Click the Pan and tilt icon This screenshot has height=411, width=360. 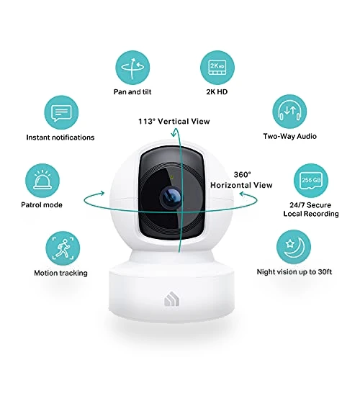[x=132, y=68]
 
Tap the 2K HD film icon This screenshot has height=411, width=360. [x=217, y=68]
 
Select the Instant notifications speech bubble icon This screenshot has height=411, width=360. [x=61, y=113]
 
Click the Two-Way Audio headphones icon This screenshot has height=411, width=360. [x=289, y=112]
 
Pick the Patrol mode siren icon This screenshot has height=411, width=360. [x=42, y=181]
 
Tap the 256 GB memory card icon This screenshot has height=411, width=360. [x=311, y=181]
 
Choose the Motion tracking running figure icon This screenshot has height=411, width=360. [x=63, y=248]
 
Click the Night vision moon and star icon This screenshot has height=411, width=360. [x=294, y=247]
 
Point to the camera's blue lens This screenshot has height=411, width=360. [x=171, y=197]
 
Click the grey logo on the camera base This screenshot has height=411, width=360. [x=172, y=299]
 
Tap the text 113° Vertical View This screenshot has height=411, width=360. [x=174, y=122]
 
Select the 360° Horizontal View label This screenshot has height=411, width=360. [x=241, y=180]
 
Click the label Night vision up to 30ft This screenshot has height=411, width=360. [x=294, y=272]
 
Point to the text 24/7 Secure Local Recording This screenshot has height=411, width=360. [x=311, y=209]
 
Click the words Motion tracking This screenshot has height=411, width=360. [x=60, y=273]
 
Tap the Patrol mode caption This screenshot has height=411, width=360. [x=42, y=204]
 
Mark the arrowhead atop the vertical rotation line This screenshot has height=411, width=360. [x=174, y=134]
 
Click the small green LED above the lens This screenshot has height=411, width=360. [x=171, y=177]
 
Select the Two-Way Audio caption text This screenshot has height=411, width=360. [x=289, y=136]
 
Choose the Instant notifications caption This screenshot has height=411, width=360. [x=60, y=137]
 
